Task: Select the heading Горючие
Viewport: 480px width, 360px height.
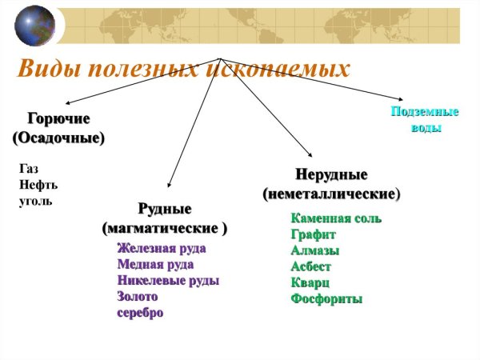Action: (58, 119)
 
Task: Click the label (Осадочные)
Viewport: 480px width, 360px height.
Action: (58, 138)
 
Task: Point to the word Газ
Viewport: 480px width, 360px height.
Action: (28, 169)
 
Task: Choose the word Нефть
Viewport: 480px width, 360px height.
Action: (38, 185)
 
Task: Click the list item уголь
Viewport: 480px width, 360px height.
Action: (35, 200)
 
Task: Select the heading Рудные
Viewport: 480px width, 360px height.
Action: (165, 210)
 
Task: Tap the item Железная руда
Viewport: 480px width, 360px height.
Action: (161, 248)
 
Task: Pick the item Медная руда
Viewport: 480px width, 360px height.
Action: (155, 264)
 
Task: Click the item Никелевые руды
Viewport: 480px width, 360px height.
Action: (168, 281)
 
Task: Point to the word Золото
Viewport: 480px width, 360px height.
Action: (138, 297)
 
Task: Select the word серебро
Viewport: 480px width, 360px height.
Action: (140, 313)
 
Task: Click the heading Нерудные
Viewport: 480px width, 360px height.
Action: (331, 175)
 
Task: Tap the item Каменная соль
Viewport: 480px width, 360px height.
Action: (336, 218)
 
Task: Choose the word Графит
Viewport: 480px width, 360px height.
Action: (314, 234)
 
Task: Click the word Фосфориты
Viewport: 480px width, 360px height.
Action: (326, 299)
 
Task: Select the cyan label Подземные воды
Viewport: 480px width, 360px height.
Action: (424, 120)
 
